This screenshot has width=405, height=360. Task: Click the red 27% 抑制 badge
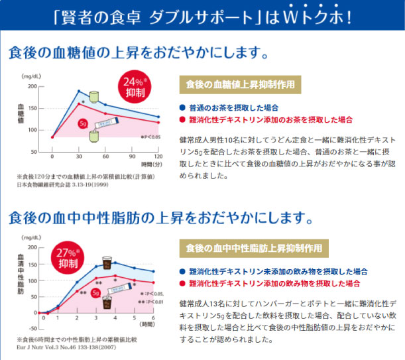point(68,258)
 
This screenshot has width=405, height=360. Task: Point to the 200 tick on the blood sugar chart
point(32,86)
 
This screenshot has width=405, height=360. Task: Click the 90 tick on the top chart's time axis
point(133,156)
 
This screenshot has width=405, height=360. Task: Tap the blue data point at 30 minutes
point(79,91)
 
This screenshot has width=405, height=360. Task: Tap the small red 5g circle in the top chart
point(83,124)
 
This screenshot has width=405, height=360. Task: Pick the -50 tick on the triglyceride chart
point(31,328)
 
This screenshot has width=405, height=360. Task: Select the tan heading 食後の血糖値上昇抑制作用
point(240,85)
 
